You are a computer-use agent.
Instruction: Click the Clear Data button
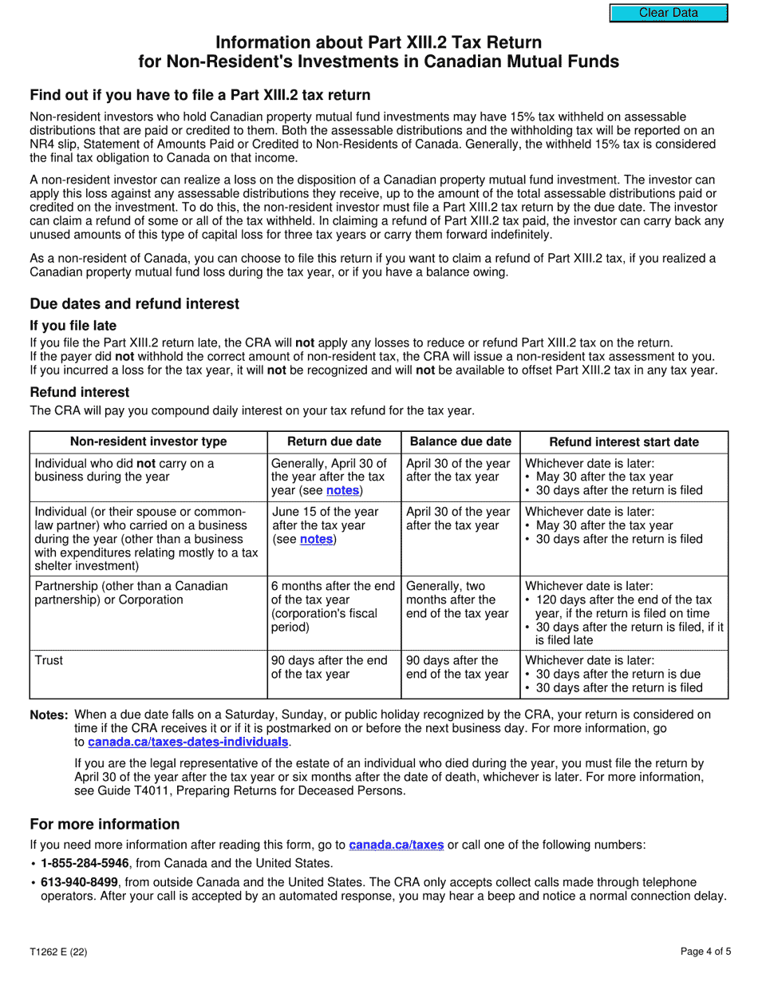click(x=669, y=13)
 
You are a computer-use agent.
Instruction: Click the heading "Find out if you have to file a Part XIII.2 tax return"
click(x=199, y=95)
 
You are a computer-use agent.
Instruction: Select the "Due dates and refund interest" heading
click(x=134, y=303)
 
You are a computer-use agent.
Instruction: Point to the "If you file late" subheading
click(x=73, y=326)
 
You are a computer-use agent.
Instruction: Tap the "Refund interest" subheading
click(x=79, y=392)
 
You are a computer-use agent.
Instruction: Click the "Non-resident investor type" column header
click(x=148, y=442)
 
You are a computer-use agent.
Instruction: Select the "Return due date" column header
click(x=334, y=442)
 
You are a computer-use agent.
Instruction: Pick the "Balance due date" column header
click(x=460, y=442)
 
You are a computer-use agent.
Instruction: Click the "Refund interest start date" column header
click(x=624, y=442)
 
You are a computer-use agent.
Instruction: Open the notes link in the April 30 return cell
click(x=343, y=490)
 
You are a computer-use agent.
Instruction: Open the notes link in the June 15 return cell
click(x=318, y=540)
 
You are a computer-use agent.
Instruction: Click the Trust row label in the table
click(x=49, y=660)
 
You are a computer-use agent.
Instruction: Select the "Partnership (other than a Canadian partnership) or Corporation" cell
click(x=131, y=592)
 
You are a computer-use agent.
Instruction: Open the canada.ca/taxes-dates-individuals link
click(x=188, y=742)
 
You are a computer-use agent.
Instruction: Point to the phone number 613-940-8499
click(x=80, y=882)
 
